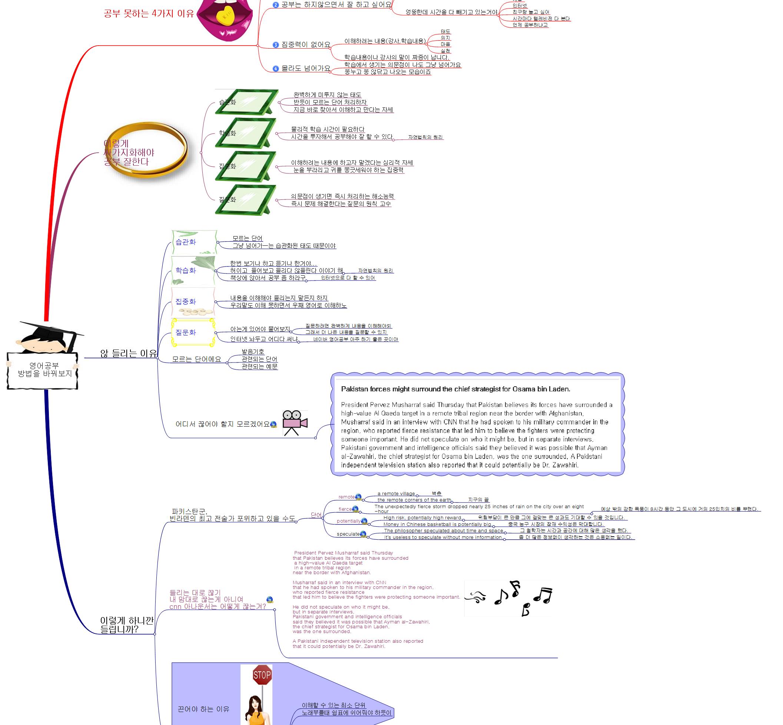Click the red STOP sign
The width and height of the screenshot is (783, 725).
(262, 675)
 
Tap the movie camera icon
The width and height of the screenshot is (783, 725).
(295, 423)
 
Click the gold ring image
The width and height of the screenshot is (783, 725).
(149, 149)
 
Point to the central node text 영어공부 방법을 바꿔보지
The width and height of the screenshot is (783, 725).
(44, 370)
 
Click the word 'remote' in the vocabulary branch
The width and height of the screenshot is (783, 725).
(346, 497)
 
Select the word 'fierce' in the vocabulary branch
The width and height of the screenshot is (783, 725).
(345, 509)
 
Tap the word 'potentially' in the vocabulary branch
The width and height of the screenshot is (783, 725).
(348, 521)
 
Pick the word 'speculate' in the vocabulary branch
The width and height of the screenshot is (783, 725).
(348, 534)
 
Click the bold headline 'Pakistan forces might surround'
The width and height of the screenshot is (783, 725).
(455, 389)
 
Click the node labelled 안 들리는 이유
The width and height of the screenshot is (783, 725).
(128, 354)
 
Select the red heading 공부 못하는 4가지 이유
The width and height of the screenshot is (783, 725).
(149, 14)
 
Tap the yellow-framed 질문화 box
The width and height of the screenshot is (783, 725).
(193, 332)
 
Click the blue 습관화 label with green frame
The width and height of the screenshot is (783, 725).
(186, 242)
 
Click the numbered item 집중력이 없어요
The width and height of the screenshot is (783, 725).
(306, 45)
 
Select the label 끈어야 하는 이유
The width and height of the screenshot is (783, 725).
(203, 709)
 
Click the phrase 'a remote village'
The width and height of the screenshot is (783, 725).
(396, 494)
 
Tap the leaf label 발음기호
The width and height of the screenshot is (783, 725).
(253, 351)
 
